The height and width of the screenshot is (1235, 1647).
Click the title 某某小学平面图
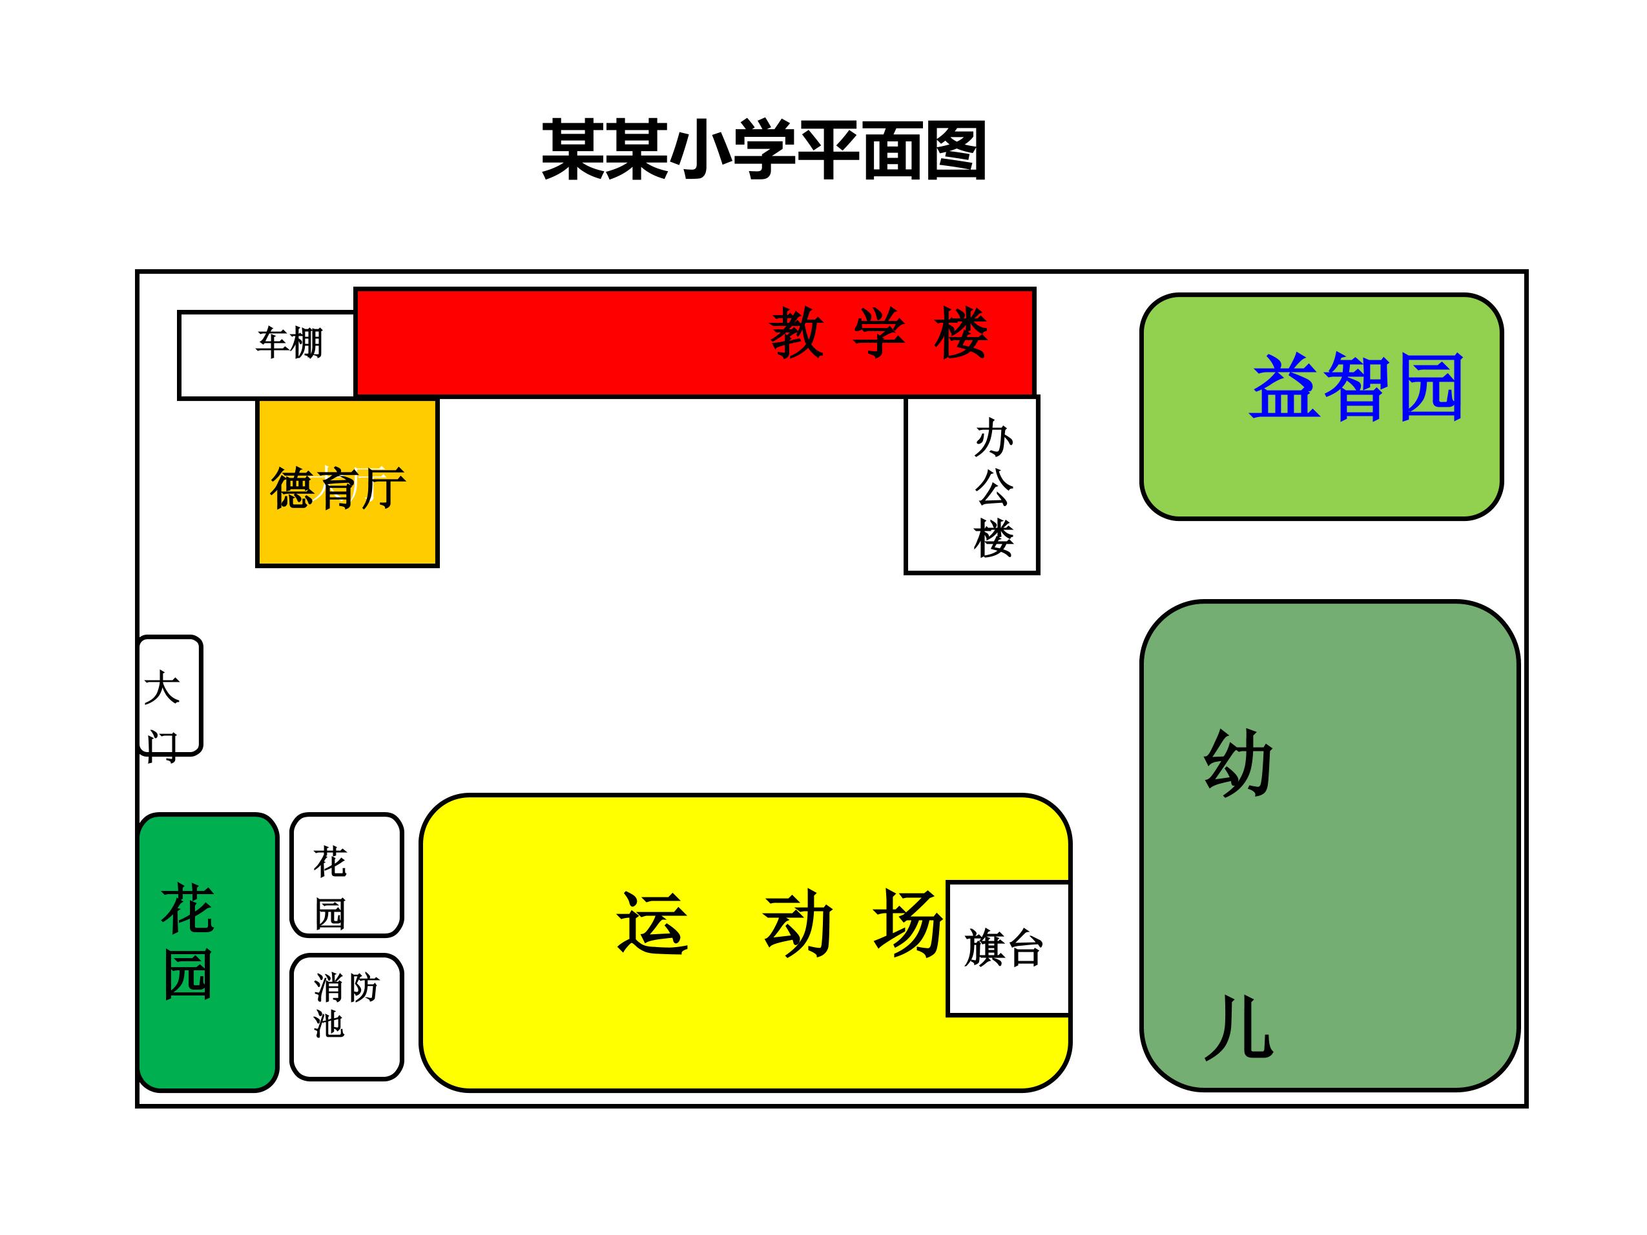point(764,150)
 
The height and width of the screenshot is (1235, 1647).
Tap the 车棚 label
point(289,343)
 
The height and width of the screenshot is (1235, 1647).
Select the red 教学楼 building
point(695,342)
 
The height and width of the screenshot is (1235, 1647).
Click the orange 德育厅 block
point(347,483)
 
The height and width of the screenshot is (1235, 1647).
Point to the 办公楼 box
point(971,485)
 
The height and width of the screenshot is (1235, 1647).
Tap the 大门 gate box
point(171,695)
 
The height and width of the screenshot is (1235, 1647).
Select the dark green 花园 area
point(208,953)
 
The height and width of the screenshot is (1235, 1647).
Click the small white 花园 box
point(347,875)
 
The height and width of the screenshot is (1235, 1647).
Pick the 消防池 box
point(347,1017)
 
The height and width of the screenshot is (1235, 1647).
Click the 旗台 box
point(1008,948)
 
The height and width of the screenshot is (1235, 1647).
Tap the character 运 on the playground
point(652,923)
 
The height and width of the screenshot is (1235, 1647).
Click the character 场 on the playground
point(908,923)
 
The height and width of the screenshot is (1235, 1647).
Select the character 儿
point(1239,1027)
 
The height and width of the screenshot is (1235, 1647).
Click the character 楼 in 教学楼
point(961,332)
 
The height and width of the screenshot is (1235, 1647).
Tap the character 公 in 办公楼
point(994,487)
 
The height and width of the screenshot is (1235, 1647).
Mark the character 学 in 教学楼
point(879,332)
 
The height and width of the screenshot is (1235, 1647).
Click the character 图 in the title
point(956,150)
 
